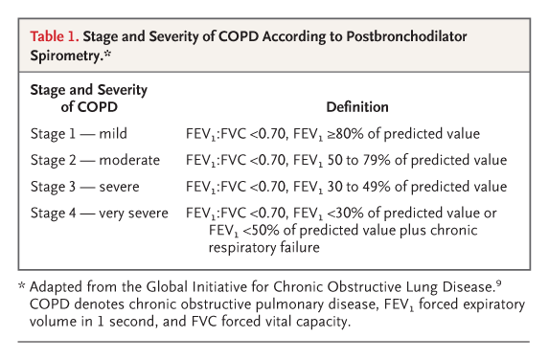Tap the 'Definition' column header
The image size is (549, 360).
(356, 106)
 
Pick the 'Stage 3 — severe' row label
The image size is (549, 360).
(84, 186)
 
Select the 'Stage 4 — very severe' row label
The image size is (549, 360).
(101, 212)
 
